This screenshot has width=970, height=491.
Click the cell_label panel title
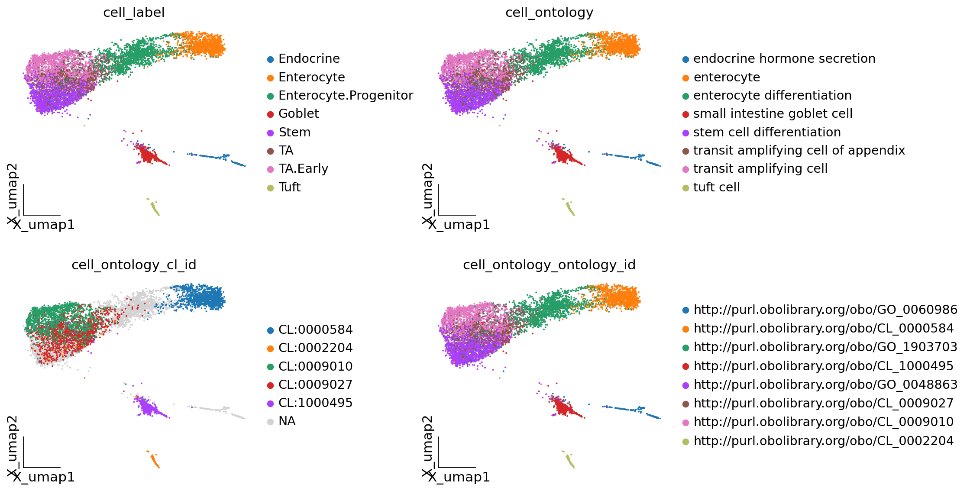[x=134, y=13]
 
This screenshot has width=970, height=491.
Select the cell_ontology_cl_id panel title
[x=134, y=265]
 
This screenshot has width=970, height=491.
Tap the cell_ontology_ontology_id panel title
[x=549, y=265]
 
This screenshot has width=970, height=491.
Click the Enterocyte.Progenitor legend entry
[x=346, y=95]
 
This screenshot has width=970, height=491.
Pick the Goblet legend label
[x=298, y=113]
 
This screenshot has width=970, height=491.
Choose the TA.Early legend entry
[x=303, y=168]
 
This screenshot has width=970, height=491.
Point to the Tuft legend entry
[x=289, y=187]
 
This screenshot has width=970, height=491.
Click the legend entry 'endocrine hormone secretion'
[x=784, y=58]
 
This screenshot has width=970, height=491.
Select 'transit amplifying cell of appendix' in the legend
[x=799, y=150]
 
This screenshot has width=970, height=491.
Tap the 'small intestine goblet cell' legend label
[x=773, y=113]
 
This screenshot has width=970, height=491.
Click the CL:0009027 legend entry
[x=315, y=384]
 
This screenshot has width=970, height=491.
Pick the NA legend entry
[x=287, y=421]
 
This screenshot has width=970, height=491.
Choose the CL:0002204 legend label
[x=315, y=348]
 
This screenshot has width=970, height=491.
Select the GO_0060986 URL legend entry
[x=825, y=310]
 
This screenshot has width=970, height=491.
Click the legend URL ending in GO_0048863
[x=825, y=384]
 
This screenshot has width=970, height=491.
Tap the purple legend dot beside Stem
[x=271, y=133]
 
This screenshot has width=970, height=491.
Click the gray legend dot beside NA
[x=271, y=422]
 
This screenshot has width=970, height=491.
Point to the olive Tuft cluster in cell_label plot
[x=154, y=208]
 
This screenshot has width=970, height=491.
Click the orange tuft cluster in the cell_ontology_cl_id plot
[x=154, y=460]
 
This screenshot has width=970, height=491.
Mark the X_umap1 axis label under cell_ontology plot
[x=459, y=225]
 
